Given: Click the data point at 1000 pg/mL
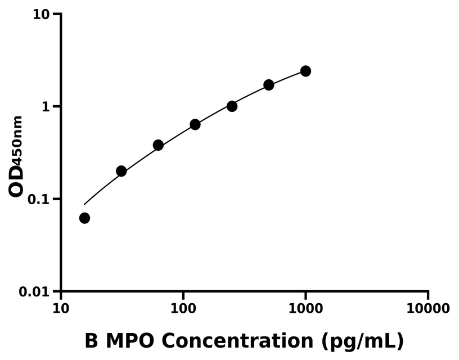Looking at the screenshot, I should click(x=305, y=71).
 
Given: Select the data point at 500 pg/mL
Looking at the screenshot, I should click(x=269, y=85).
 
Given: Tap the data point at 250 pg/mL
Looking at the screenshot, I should click(x=232, y=106).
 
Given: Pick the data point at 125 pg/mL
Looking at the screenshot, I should click(x=195, y=124).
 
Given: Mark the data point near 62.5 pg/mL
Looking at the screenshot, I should click(x=158, y=145).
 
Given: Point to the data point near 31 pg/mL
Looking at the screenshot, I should click(x=121, y=171).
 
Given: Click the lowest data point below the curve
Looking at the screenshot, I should click(x=84, y=218).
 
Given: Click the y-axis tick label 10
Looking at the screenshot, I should click(x=43, y=14).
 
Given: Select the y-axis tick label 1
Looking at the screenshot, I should click(x=48, y=107).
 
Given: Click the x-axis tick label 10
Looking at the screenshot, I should click(x=61, y=308).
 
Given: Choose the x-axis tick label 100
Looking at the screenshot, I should click(x=183, y=308).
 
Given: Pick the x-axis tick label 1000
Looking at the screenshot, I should click(x=305, y=308).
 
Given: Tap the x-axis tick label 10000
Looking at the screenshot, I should click(x=428, y=308).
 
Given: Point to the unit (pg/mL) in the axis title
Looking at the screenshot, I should click(x=363, y=341).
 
